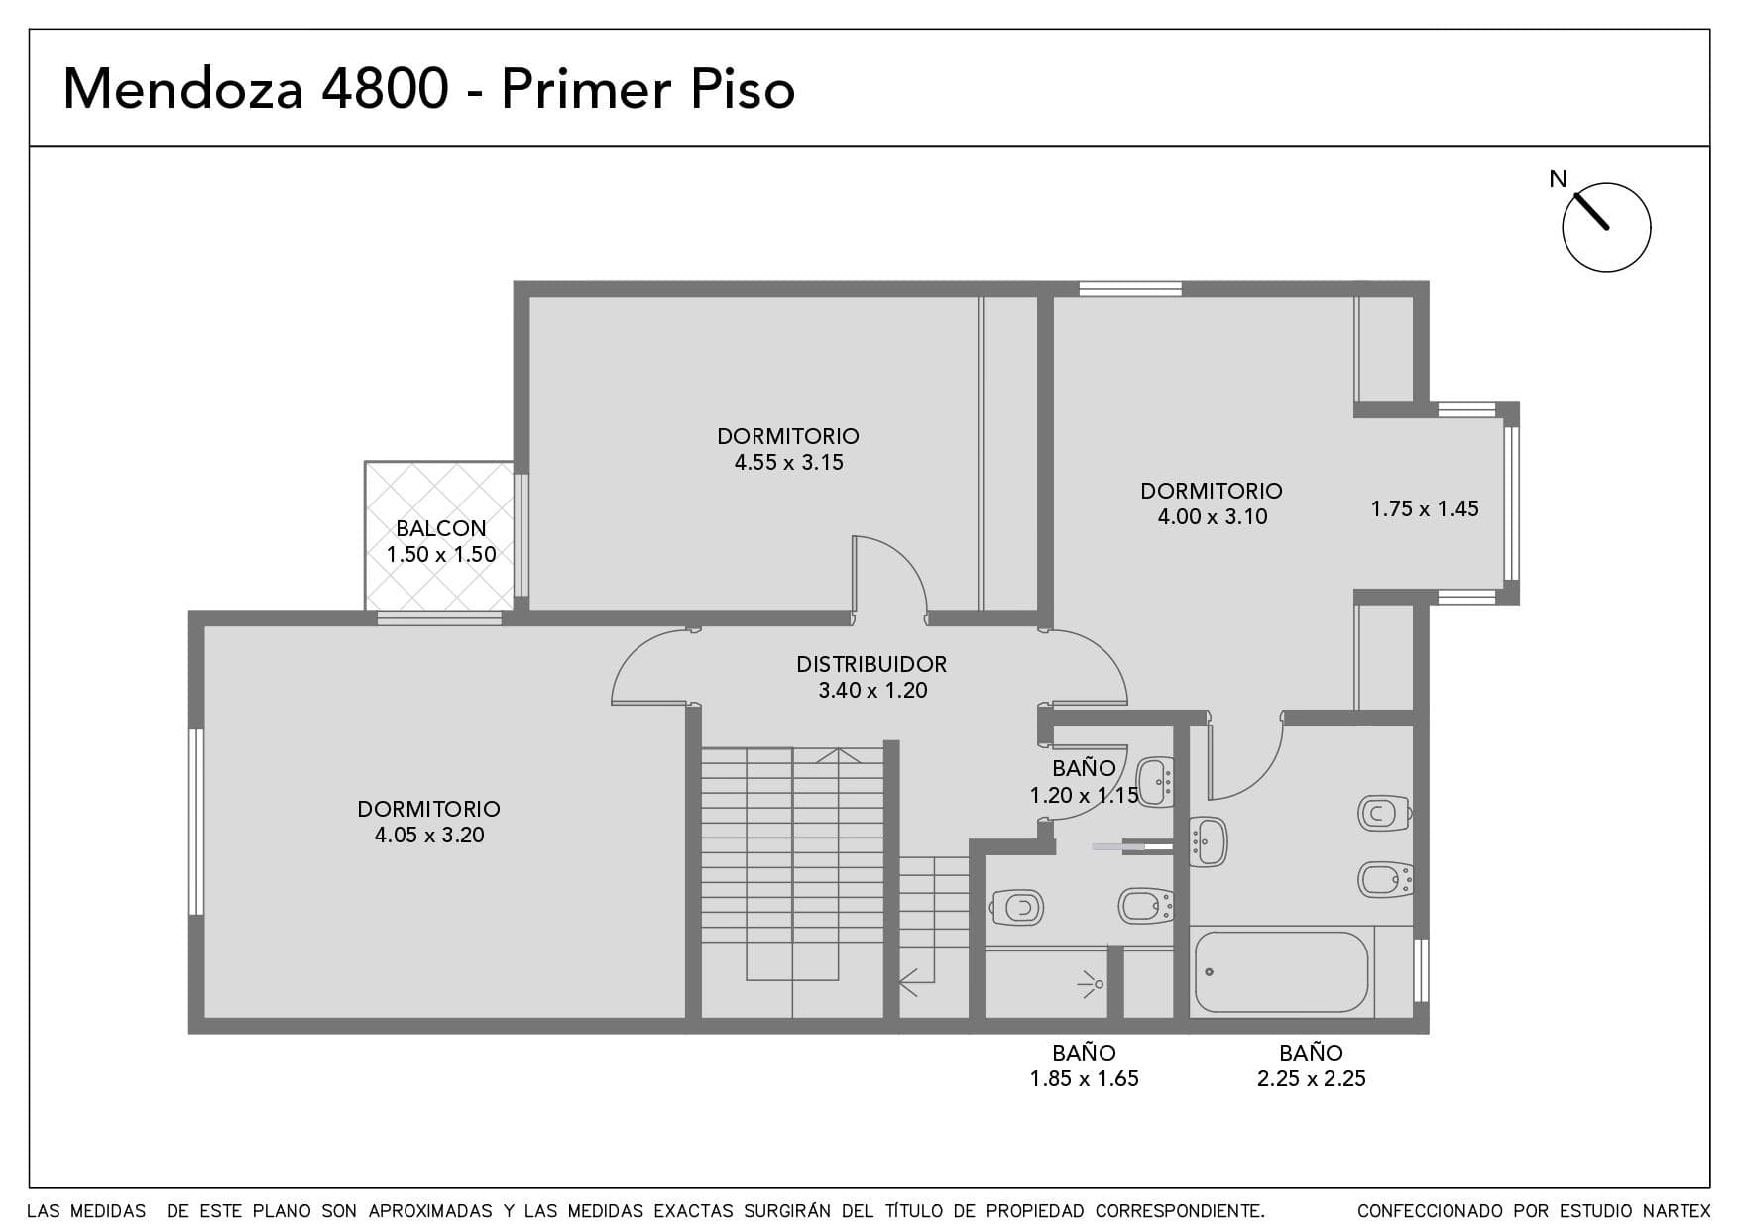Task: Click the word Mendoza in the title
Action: tap(183, 89)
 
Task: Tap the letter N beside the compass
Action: tap(1559, 179)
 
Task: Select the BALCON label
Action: tap(441, 528)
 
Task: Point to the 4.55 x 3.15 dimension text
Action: tap(788, 462)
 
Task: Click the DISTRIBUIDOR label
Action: tap(871, 664)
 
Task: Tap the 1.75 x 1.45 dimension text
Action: tap(1425, 508)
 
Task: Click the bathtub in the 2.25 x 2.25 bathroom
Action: tap(1281, 972)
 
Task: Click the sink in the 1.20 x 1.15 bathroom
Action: tap(1156, 781)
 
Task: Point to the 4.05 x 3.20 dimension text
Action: tap(429, 835)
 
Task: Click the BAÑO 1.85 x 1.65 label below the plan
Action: tap(1084, 1065)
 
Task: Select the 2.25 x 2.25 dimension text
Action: tap(1311, 1078)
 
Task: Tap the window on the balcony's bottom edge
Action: tap(439, 618)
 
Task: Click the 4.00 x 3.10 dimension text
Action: tap(1213, 516)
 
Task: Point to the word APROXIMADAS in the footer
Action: tap(430, 1211)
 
